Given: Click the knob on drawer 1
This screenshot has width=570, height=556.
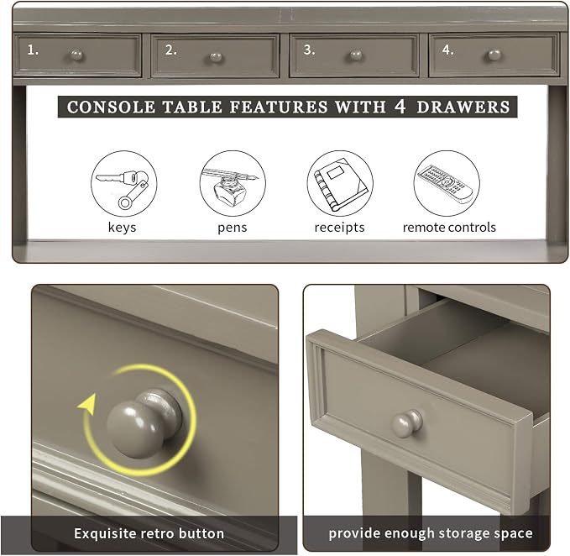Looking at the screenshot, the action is (76, 55).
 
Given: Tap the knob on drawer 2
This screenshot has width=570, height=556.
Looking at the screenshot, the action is (216, 57).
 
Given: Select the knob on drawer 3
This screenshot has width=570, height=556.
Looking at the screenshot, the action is (356, 55).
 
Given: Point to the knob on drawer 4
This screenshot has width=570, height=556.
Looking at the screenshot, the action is (494, 55).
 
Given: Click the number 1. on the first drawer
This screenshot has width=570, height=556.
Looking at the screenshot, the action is (33, 50).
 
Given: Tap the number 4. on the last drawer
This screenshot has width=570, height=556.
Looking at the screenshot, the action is (448, 50).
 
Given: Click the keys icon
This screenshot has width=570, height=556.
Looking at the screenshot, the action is (124, 184).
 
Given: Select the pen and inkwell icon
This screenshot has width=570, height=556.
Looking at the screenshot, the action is (233, 184).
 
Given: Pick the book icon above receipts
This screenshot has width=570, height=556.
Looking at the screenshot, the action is (340, 184).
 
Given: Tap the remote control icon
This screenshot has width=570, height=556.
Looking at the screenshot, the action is (447, 184).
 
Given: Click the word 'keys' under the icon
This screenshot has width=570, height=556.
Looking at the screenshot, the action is (123, 228).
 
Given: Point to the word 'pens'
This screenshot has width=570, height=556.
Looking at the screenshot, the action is (233, 228).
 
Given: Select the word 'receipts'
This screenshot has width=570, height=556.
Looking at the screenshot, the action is (339, 228).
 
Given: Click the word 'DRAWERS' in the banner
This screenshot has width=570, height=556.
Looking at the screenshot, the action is (463, 107).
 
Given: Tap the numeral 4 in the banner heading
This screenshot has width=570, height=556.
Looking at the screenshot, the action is (400, 106).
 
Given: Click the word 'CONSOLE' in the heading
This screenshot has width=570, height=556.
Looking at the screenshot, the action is (111, 107).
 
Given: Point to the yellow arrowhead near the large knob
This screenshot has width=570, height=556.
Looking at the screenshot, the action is (87, 403).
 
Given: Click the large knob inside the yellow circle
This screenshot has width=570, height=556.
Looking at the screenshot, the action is (144, 423).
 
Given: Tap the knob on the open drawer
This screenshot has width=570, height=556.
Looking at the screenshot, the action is (407, 423).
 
